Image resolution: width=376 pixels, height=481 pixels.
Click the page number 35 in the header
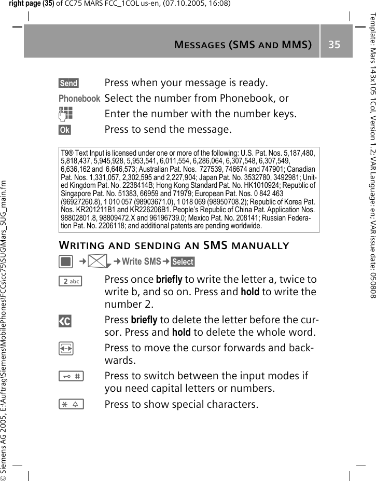tap(333, 45)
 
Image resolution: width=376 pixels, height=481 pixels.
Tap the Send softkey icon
tap(68, 83)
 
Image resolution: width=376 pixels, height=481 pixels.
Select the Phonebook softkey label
tap(79, 99)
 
